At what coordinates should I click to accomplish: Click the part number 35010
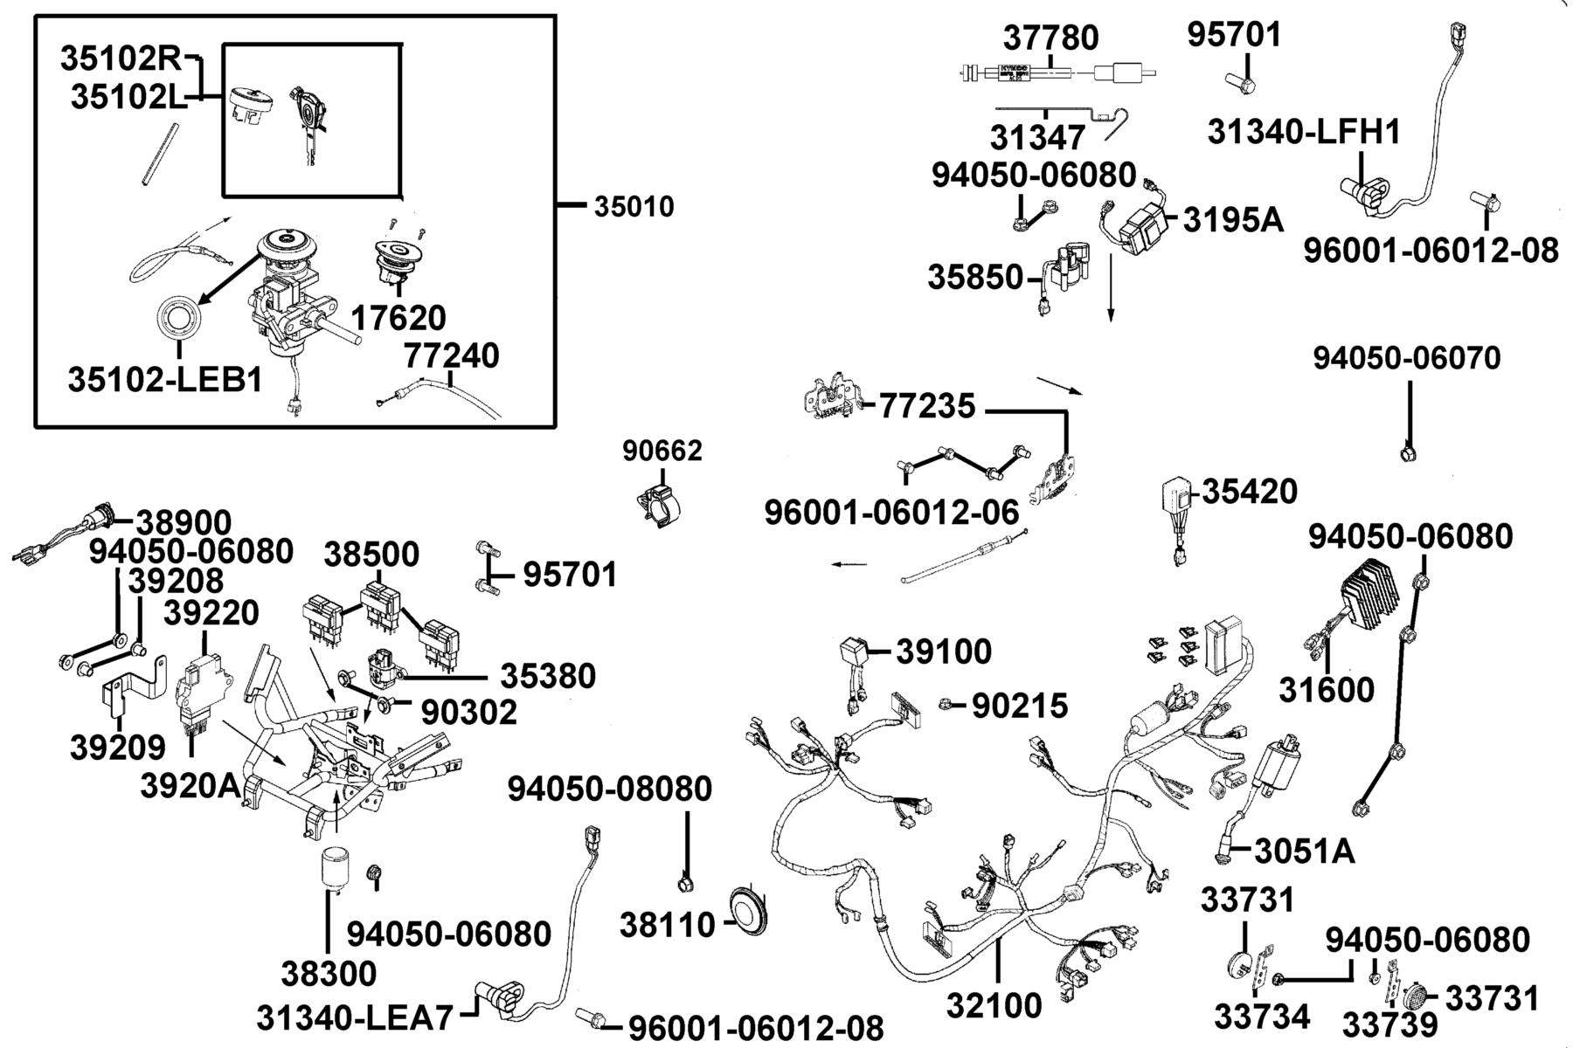pos(634,207)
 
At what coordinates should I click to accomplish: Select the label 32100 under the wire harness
pos(994,1005)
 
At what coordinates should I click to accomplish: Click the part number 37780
pos(1051,38)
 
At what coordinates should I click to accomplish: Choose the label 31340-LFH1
pos(1305,132)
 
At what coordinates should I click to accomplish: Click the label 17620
pos(398,318)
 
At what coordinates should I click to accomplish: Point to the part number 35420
pos(1251,492)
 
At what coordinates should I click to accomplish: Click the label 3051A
pos(1305,850)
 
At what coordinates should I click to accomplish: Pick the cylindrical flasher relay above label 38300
pos(335,867)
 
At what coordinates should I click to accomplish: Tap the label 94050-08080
pos(610,789)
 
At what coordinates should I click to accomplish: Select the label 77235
pos(927,406)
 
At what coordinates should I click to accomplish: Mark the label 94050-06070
pos(1407,358)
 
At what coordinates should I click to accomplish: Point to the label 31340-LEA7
pos(356,1017)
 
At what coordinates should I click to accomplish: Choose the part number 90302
pos(469,712)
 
